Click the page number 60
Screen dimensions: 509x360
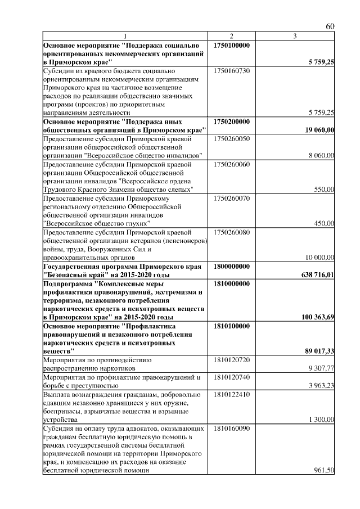(x=330, y=27)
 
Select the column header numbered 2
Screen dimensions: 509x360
(x=231, y=37)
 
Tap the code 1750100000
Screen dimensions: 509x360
(x=232, y=45)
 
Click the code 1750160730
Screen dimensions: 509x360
(x=232, y=71)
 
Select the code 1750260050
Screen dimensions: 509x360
(x=232, y=138)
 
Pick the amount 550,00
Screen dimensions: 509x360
(x=325, y=190)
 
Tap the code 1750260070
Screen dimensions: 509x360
(x=232, y=198)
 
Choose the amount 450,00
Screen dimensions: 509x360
(x=325, y=223)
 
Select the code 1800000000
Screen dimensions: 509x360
(x=232, y=265)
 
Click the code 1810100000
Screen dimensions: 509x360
(x=232, y=325)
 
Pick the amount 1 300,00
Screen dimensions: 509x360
(x=322, y=419)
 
